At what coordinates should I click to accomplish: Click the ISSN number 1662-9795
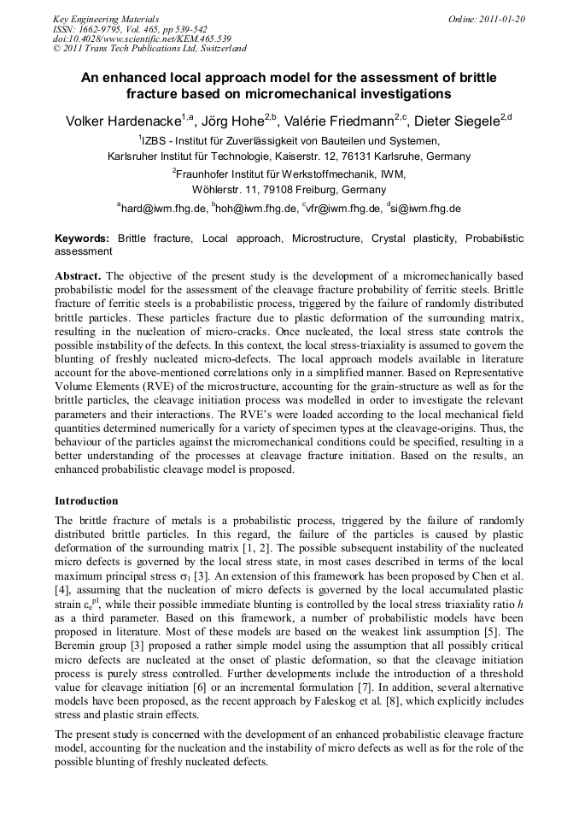pos(107,29)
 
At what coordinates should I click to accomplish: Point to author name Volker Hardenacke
pos(121,121)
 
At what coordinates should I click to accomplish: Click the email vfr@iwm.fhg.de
pos(342,208)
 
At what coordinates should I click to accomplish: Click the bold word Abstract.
pos(78,277)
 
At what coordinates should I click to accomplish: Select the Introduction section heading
pos(86,500)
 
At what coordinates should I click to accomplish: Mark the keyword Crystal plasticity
pos(413,239)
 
